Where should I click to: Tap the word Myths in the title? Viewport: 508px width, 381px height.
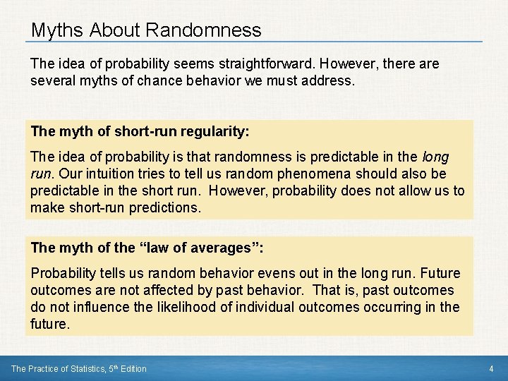coord(54,30)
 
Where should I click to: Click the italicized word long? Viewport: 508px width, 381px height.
coord(435,157)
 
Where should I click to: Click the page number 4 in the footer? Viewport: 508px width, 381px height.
coord(490,369)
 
